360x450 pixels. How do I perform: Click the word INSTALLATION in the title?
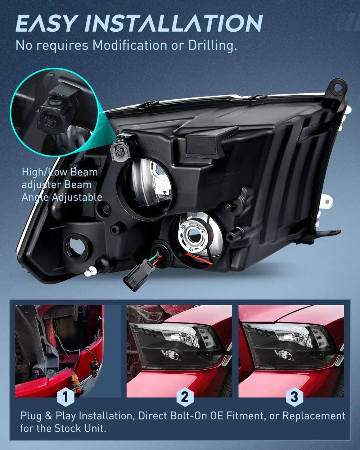(x=175, y=23)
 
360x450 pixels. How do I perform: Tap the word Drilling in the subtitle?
(x=213, y=46)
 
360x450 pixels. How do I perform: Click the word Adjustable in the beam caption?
(x=77, y=197)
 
